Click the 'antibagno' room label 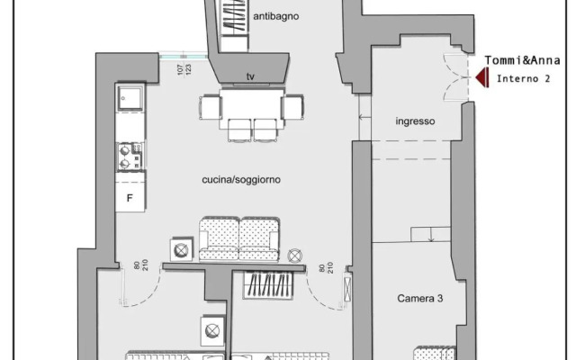click(x=275, y=16)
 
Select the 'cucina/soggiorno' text click(x=241, y=180)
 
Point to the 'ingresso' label click(x=415, y=121)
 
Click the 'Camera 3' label click(x=419, y=297)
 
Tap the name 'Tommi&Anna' click(x=523, y=61)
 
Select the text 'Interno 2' click(x=523, y=79)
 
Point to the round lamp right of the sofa click(x=296, y=256)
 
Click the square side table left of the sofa click(x=181, y=248)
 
